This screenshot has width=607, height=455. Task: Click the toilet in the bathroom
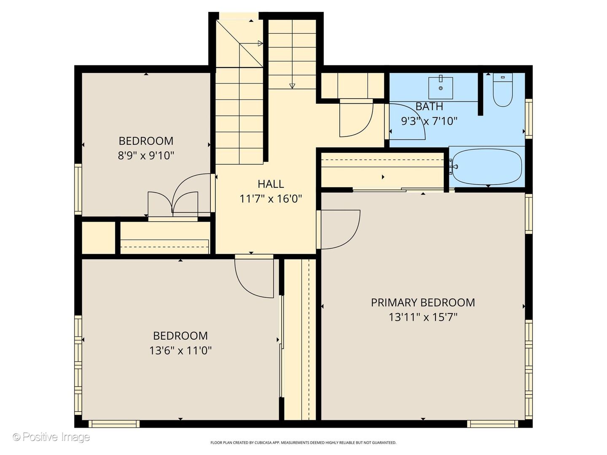(503, 89)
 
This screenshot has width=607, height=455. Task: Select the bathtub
(487, 166)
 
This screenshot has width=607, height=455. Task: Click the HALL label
(271, 184)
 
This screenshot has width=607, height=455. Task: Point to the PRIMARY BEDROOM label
(423, 302)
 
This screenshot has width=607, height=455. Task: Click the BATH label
(429, 106)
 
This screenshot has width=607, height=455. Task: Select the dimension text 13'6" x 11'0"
(180, 351)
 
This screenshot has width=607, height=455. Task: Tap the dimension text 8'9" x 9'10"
(146, 156)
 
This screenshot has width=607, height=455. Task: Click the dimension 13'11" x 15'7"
(423, 317)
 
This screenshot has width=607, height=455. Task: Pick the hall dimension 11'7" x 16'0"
(271, 198)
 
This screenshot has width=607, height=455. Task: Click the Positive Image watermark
(51, 437)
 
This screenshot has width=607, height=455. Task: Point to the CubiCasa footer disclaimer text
(303, 442)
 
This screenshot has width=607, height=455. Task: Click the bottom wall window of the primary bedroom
(492, 424)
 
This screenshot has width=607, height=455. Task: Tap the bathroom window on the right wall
(529, 119)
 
